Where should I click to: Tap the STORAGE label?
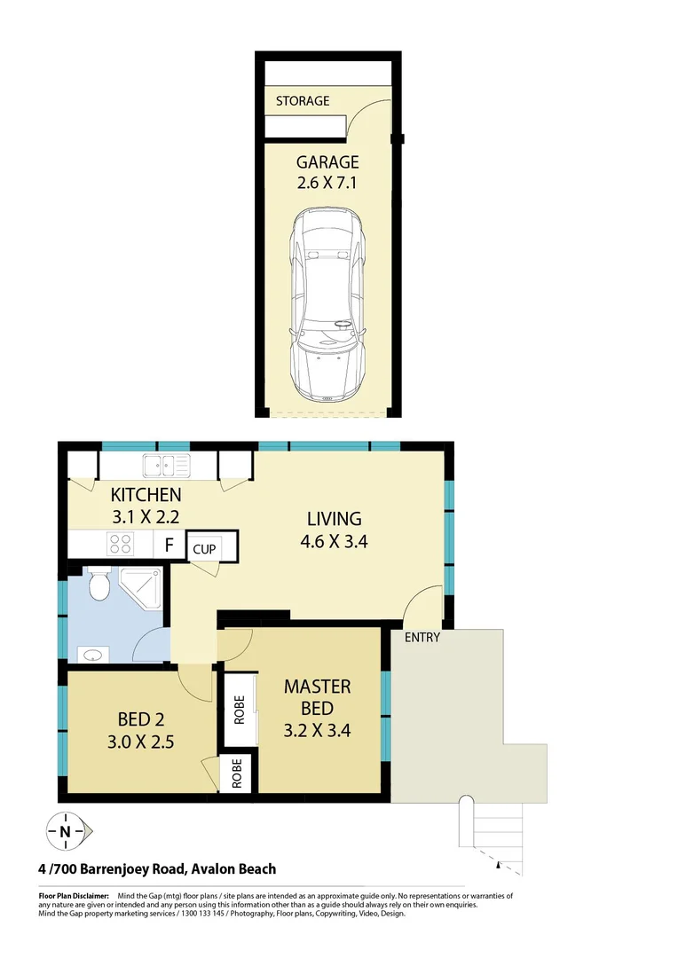coord(302,101)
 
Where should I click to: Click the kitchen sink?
coord(166,462)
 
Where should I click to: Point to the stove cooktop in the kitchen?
coord(121,543)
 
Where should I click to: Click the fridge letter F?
coord(169,544)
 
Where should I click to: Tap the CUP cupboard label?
coord(204,549)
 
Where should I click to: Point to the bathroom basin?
coord(93,656)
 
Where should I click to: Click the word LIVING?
coord(334,519)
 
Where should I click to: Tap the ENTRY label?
coord(422,637)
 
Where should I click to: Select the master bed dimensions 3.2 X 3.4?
coord(317,731)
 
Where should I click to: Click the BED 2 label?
coord(141,718)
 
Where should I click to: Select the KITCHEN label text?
coord(146,495)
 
